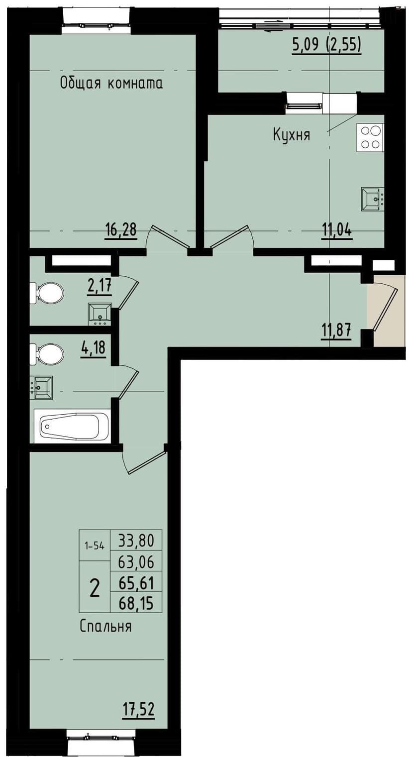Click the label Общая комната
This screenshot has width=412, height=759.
click(111, 83)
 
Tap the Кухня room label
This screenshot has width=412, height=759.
click(292, 134)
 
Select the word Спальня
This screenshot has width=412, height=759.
click(106, 626)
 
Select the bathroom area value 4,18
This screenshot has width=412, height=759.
click(94, 346)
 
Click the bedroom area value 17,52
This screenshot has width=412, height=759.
click(139, 708)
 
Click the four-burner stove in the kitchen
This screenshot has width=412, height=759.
click(370, 138)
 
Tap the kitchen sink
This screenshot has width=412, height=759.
click(372, 200)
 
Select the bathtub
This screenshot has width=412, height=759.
click(72, 426)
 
